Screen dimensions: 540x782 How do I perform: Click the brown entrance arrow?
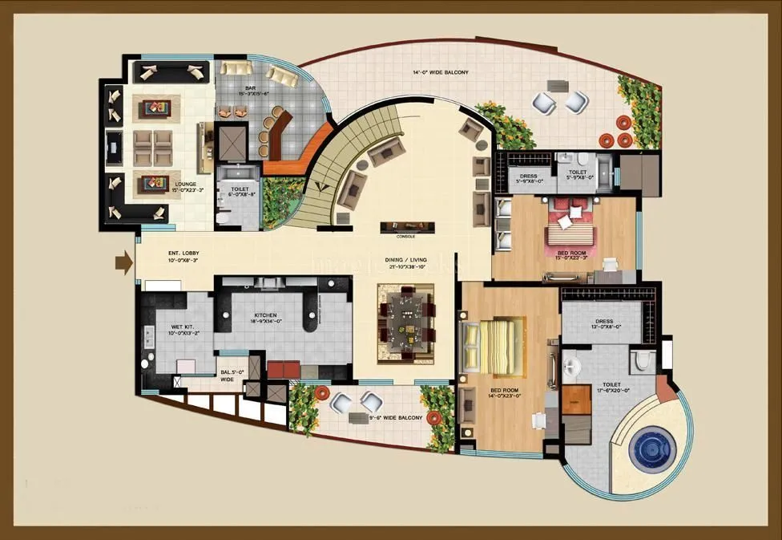[x=123, y=262]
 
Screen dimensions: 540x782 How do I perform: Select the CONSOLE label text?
[x=405, y=237]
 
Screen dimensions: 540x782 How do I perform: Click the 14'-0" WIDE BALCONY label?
[x=440, y=73]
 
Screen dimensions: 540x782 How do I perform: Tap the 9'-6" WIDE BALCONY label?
[x=397, y=418]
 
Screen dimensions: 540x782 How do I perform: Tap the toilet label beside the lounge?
[x=237, y=190]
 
